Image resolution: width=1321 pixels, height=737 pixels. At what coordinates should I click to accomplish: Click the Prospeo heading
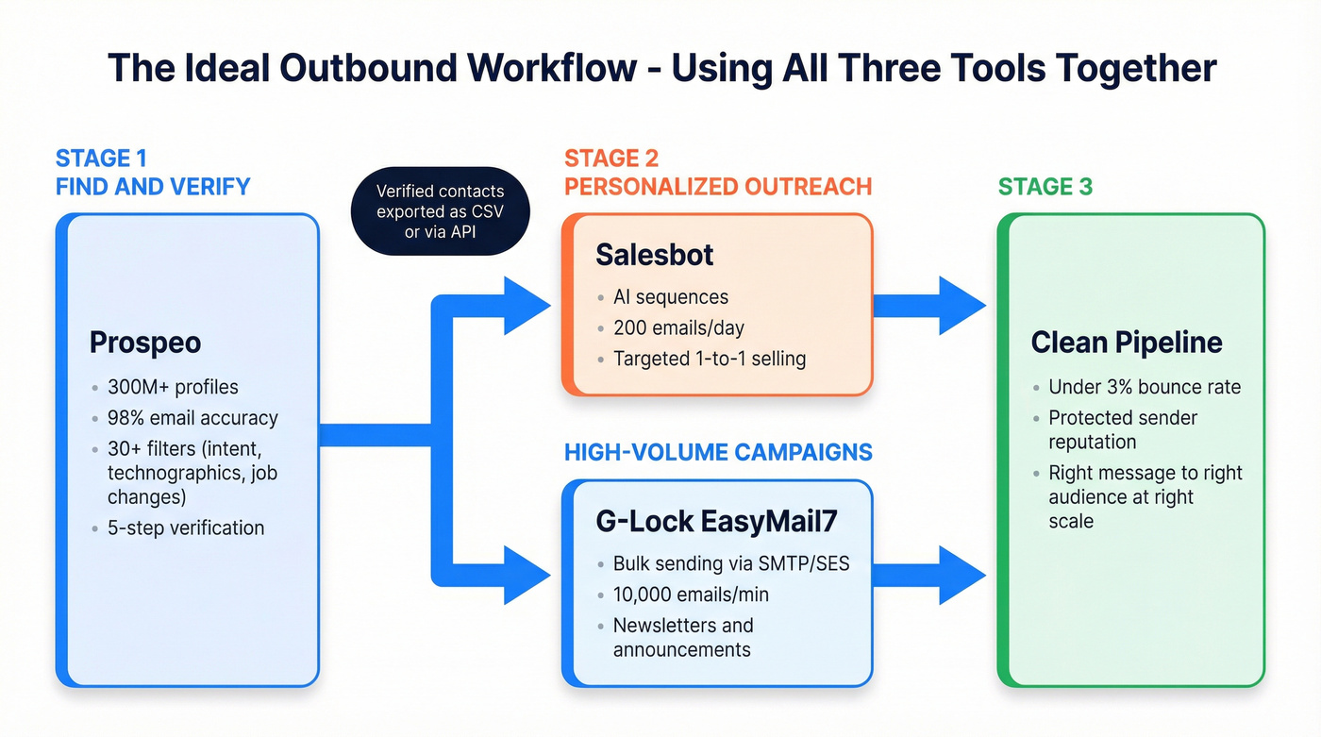145,343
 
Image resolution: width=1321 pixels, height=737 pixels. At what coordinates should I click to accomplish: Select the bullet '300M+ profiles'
174,387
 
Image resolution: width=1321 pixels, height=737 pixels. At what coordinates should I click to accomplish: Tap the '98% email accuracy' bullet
192,418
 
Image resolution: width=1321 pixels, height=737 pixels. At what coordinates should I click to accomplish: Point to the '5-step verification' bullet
186,528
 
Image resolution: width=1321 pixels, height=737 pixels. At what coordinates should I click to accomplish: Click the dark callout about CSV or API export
440,211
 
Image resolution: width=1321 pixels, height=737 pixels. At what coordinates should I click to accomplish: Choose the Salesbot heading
655,254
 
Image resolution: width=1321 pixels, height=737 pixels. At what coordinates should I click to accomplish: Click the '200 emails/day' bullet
678,328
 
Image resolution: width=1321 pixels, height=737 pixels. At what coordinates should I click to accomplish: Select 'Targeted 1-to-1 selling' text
709,359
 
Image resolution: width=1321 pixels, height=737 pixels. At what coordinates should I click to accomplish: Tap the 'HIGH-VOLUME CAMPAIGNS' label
718,452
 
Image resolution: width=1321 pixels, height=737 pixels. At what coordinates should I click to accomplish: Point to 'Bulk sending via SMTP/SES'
731,564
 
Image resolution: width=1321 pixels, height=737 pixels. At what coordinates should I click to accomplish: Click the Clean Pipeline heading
1127,343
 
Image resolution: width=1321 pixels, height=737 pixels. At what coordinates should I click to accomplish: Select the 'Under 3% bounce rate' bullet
1145,387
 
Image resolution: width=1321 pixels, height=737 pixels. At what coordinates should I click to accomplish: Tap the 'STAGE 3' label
1045,187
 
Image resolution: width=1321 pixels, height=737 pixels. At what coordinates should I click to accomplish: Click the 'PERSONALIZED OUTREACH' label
718,187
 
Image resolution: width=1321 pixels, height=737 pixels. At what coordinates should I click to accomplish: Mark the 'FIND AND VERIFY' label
153,187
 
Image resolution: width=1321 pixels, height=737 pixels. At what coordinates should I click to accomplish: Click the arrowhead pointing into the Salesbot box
526,306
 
